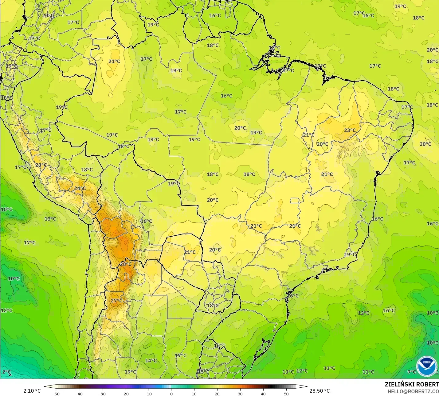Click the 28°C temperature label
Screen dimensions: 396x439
click(x=126, y=264)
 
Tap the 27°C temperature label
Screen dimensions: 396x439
click(x=117, y=301)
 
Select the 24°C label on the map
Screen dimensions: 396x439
click(x=80, y=188)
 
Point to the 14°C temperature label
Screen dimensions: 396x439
click(x=151, y=360)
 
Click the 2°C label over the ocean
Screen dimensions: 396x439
click(x=6, y=372)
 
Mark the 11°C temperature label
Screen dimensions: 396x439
click(x=368, y=372)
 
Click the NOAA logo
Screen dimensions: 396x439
click(x=426, y=366)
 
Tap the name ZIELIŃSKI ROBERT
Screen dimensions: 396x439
click(x=412, y=384)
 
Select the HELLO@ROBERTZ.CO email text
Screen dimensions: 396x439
click(x=413, y=391)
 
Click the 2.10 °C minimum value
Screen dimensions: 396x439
click(x=32, y=391)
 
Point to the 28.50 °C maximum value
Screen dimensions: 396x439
click(x=319, y=391)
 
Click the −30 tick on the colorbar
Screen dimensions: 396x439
click(x=102, y=394)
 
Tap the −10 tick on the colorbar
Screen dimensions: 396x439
click(x=148, y=394)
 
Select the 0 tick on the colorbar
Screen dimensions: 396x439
click(x=171, y=394)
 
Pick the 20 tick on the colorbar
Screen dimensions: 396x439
click(x=217, y=394)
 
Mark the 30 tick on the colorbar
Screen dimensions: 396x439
click(x=240, y=394)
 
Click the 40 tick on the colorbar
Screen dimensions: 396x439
click(x=263, y=394)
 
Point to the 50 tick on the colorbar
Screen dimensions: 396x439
click(x=286, y=394)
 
